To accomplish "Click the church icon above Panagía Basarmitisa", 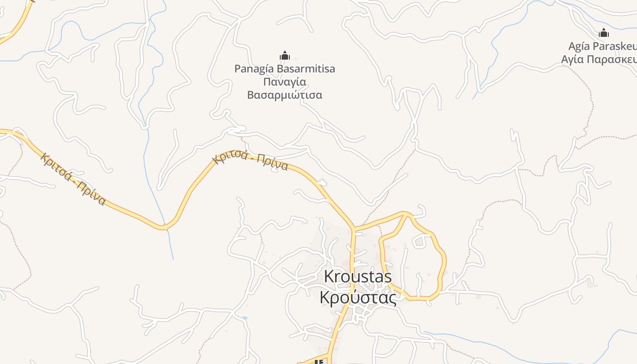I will pos(285,56).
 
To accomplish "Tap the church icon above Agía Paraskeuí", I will pos(604,33).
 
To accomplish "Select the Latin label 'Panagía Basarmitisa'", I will pos(284,69).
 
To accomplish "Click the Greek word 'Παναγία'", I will pos(284,82).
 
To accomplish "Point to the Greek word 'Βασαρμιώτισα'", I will pos(284,95).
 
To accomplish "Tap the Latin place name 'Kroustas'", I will pos(358,277).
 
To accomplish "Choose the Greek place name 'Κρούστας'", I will pos(358,297).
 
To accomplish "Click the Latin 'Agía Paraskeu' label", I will pos(602,46).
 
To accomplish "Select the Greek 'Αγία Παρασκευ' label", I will pos(598,59).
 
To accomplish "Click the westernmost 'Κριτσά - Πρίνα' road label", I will pos(73,179).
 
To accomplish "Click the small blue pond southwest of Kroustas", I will pos(245,317).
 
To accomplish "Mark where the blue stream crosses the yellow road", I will pos(166,226).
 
